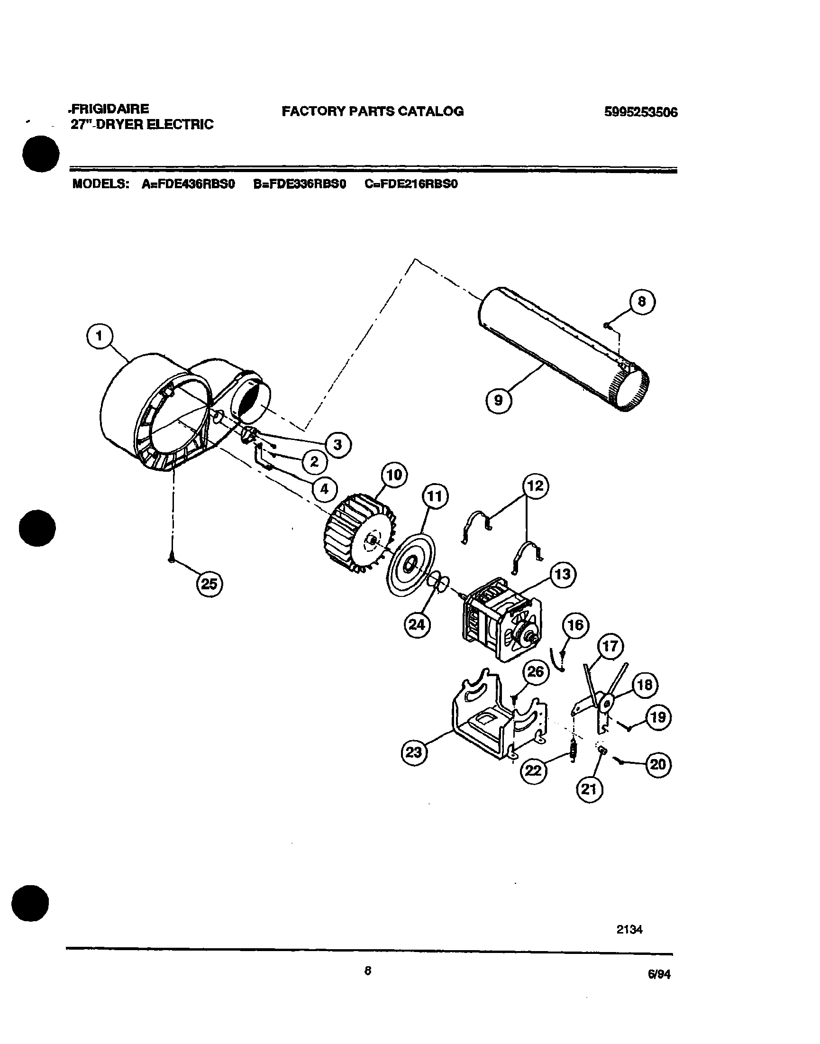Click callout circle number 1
100,337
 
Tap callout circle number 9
499,400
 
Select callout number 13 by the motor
563,574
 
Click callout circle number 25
210,585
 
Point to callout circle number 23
414,752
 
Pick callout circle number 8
642,302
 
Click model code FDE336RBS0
300,184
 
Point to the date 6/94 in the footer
659,974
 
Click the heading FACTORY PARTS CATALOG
373,111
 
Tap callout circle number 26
535,671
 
